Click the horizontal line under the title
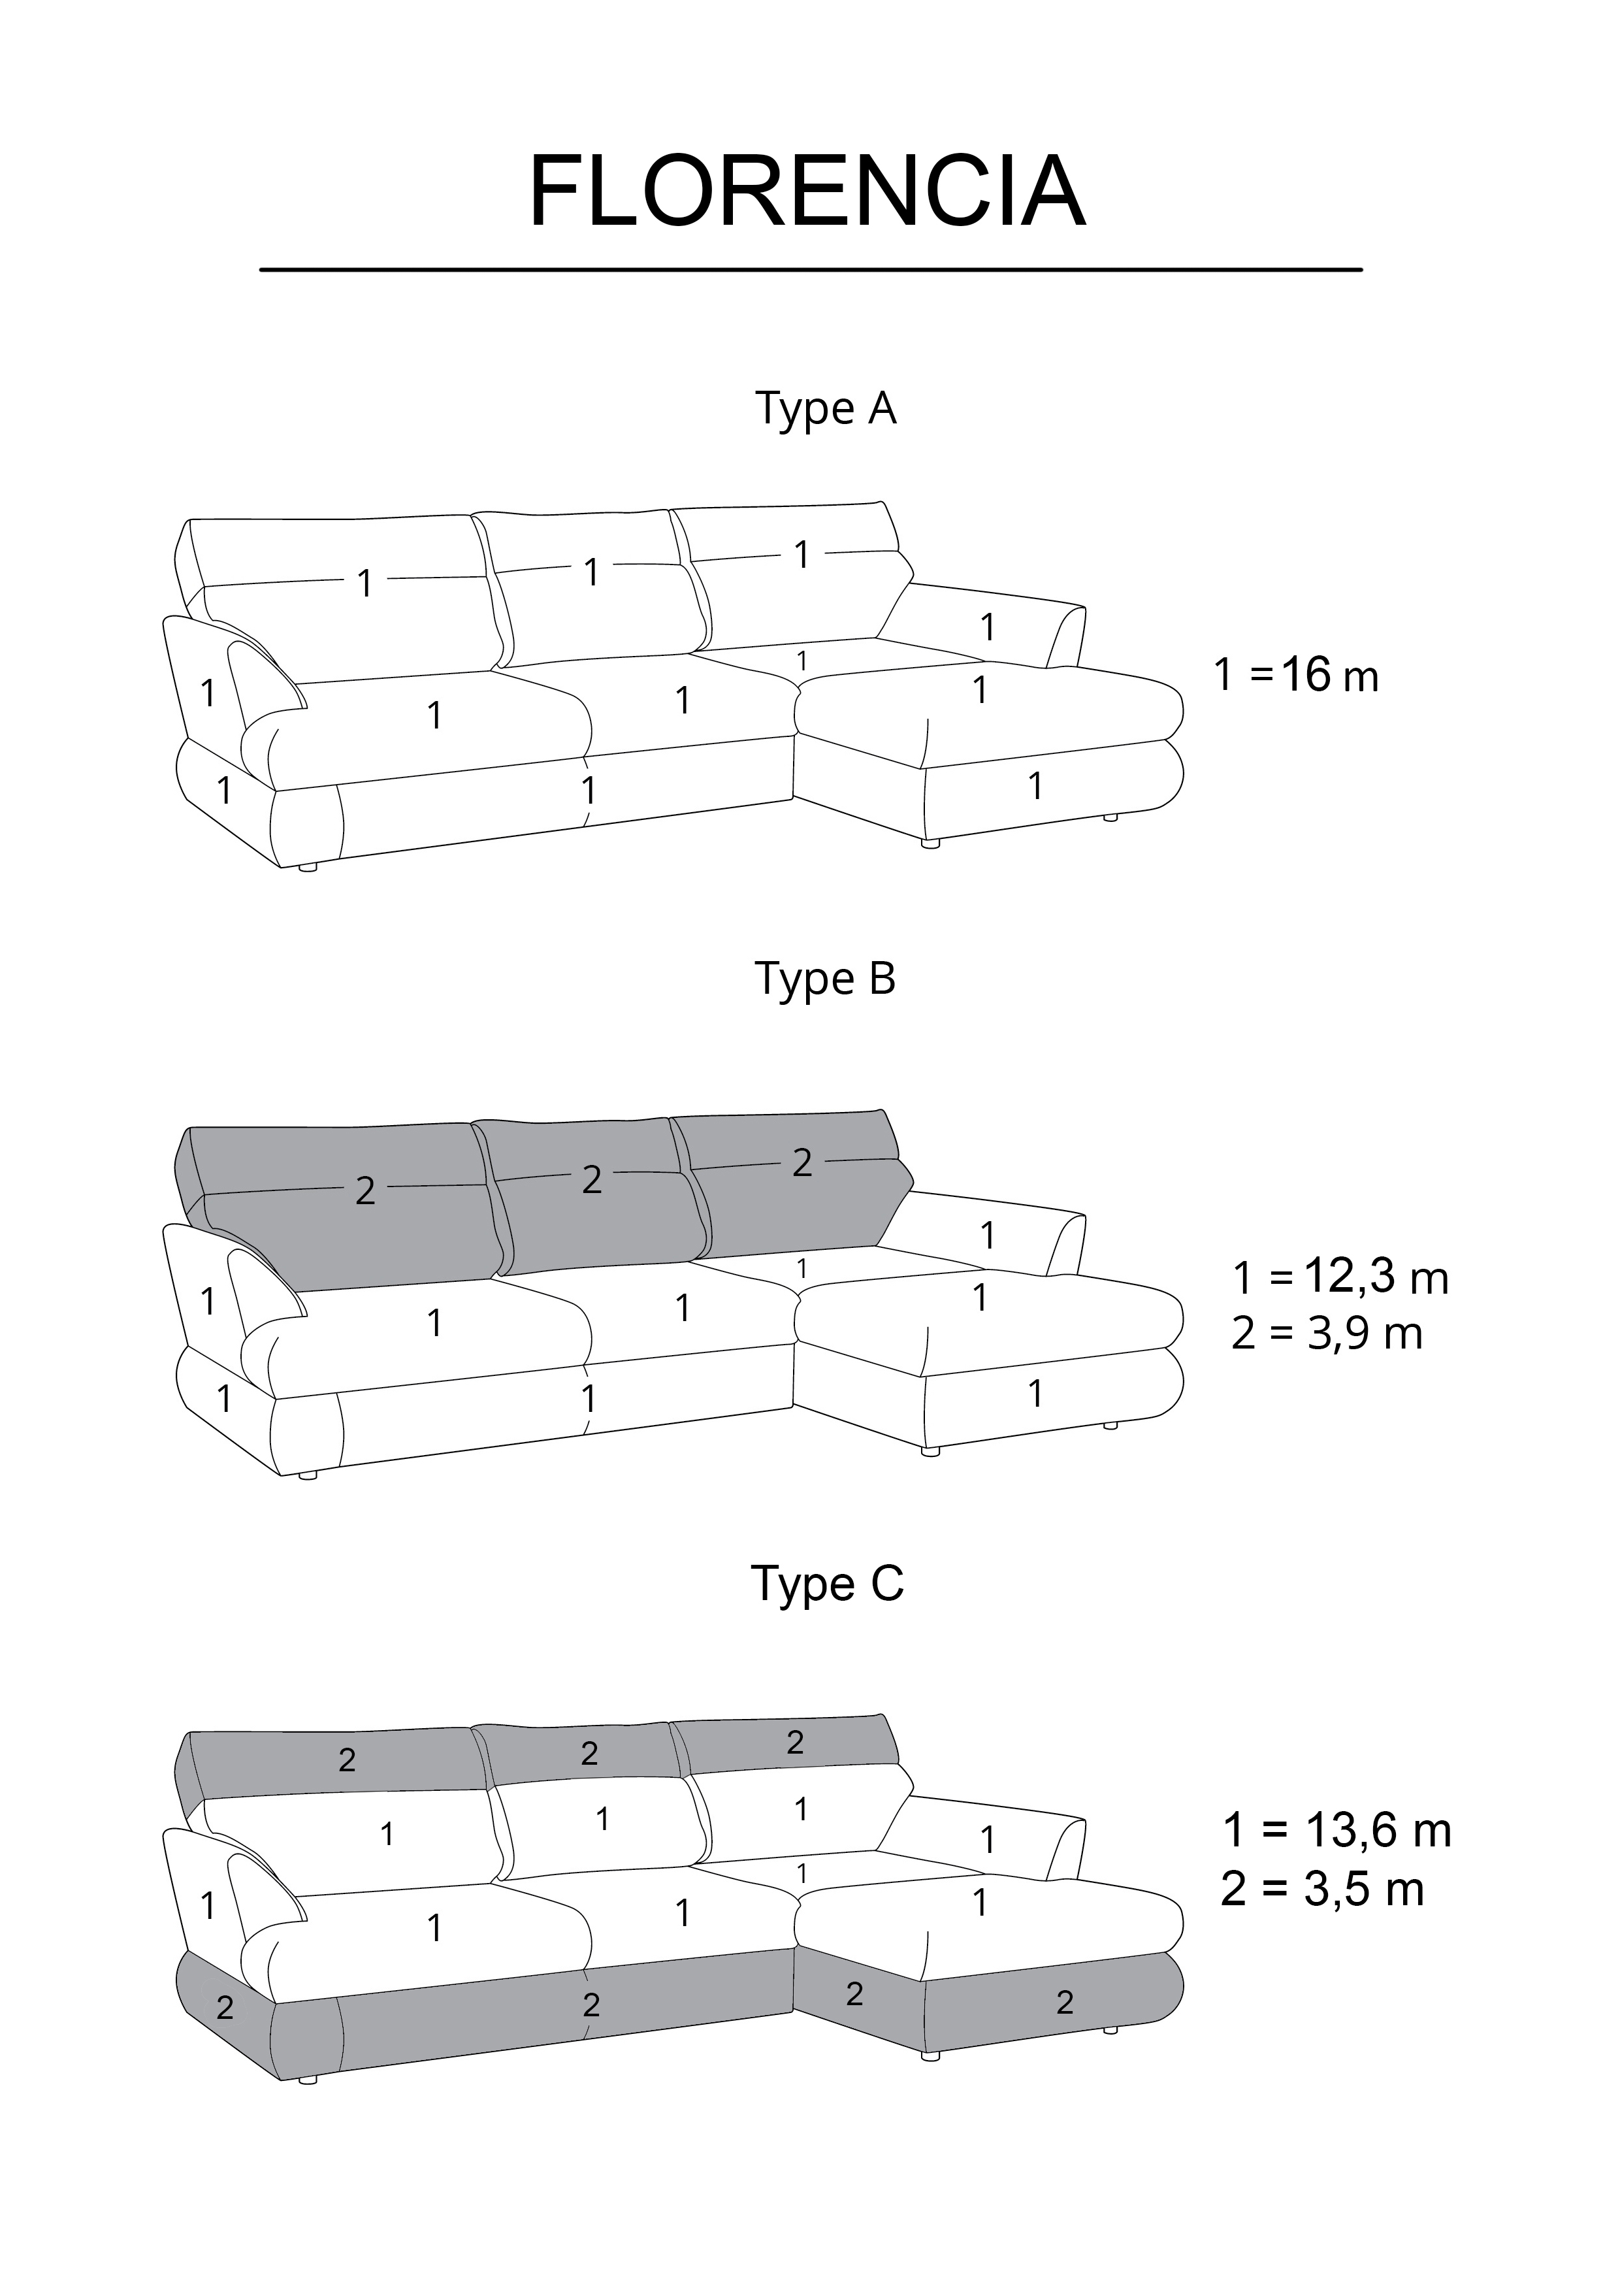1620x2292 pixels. [x=811, y=270]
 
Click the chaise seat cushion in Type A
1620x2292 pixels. [x=988, y=704]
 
